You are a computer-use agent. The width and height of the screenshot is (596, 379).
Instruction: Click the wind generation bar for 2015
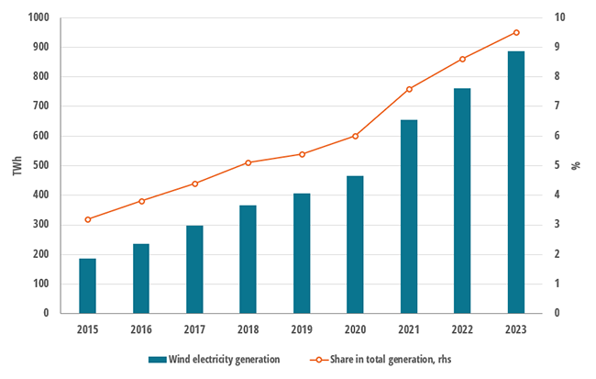[x=87, y=285]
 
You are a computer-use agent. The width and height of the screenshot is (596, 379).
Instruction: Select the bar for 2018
[x=248, y=259]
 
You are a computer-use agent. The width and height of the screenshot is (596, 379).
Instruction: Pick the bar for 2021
[x=409, y=217]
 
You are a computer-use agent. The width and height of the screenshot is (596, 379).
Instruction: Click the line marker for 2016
[x=141, y=201]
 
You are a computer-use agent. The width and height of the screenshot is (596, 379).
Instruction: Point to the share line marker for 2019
[x=302, y=154]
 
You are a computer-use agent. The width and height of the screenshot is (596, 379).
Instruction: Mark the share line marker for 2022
[x=462, y=60]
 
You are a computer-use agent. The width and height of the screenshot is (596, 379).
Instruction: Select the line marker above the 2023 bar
[x=516, y=32]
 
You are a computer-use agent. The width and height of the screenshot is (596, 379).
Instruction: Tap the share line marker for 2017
[x=194, y=184]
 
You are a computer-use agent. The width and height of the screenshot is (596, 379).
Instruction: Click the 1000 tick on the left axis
[x=39, y=17]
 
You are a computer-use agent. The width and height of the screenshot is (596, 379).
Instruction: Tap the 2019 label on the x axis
[x=302, y=329]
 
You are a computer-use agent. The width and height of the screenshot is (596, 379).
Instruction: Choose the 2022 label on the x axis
[x=462, y=329]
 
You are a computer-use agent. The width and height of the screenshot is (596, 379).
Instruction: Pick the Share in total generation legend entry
[x=389, y=360]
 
